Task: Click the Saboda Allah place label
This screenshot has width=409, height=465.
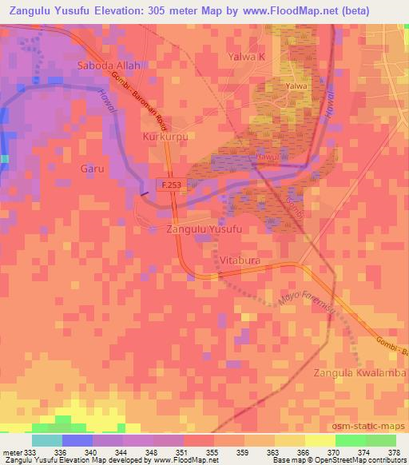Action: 109,65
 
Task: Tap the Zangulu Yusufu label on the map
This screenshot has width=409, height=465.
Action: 203,229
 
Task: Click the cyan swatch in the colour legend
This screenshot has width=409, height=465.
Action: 47,440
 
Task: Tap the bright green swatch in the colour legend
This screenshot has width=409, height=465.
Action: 350,440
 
